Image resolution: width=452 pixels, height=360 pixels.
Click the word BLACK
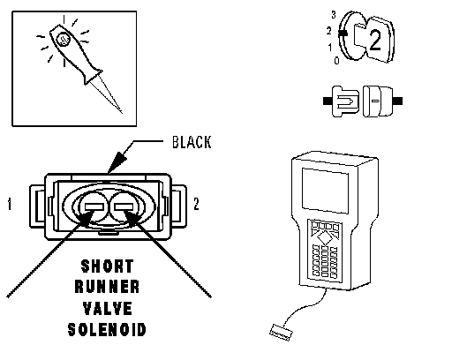click(x=192, y=142)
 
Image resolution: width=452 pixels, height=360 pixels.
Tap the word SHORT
click(x=108, y=266)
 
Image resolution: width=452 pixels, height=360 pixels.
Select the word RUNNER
click(x=107, y=287)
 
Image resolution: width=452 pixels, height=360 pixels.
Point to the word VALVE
click(x=108, y=309)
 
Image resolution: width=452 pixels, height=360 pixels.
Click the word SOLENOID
click(x=107, y=330)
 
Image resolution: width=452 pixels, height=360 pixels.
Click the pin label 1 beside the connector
click(x=10, y=204)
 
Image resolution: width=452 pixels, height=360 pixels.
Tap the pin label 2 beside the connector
click(x=196, y=204)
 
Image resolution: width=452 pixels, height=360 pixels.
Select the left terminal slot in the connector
click(x=94, y=207)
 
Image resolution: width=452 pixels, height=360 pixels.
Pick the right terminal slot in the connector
click(x=124, y=207)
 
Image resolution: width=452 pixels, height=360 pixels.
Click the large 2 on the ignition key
click(x=374, y=40)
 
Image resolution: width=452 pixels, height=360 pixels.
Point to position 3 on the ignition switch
click(x=334, y=15)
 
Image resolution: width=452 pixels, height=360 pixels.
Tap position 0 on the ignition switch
click(x=337, y=61)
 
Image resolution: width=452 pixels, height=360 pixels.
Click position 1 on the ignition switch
click(x=330, y=47)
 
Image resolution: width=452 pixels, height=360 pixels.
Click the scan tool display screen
click(x=325, y=191)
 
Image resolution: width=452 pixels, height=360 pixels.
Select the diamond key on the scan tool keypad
click(x=325, y=237)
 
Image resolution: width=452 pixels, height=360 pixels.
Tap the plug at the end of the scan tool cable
click(x=282, y=333)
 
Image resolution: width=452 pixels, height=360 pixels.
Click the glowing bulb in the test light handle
click(x=64, y=39)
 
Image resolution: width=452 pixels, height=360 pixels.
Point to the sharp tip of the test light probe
click(x=122, y=112)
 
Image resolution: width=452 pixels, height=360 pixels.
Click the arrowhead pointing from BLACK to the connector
click(x=117, y=162)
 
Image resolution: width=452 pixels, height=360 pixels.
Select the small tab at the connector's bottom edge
click(x=109, y=234)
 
